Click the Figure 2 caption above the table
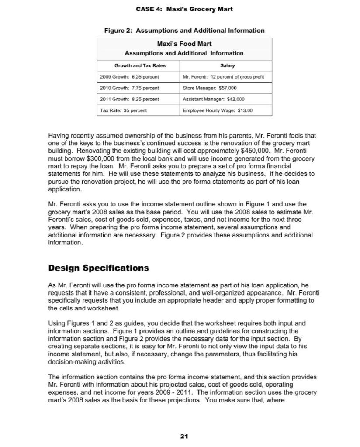pyautogui.click(x=184, y=31)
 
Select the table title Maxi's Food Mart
pyautogui.click(x=184, y=45)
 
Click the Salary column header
pyautogui.click(x=228, y=66)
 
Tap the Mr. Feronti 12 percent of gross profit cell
pyautogui.click(x=224, y=77)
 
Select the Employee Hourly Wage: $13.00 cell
pyautogui.click(x=217, y=110)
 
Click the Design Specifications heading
pyautogui.click(x=98, y=268)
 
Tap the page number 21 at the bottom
pyautogui.click(x=184, y=436)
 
